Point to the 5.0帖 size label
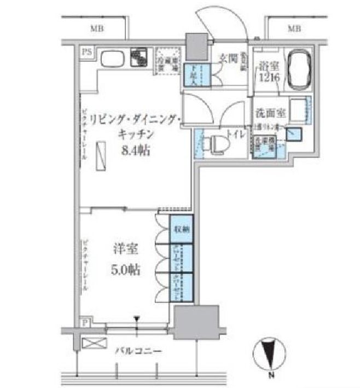(x=126, y=269)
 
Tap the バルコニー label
(x=137, y=350)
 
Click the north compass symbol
(x=270, y=353)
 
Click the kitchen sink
(x=112, y=59)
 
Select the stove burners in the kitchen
(x=140, y=57)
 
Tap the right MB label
(x=294, y=29)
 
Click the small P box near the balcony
(x=85, y=322)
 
